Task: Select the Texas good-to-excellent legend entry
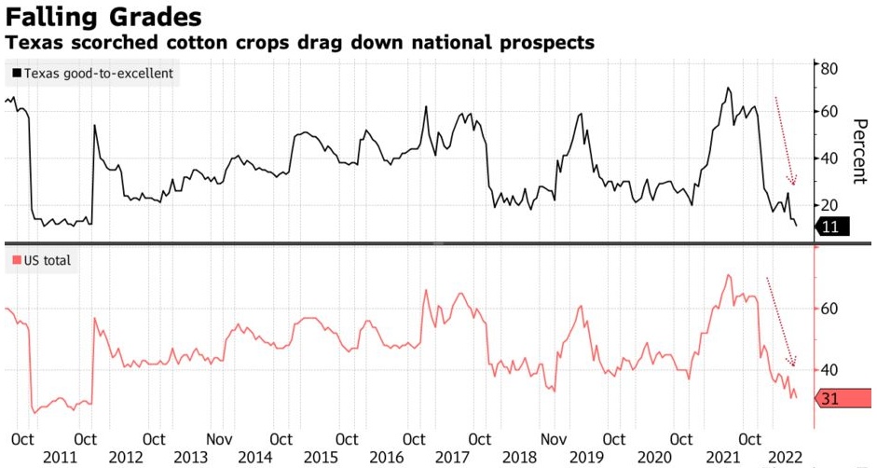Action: coord(92,73)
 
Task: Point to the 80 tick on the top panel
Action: coord(829,67)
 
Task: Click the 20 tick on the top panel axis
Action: coord(829,205)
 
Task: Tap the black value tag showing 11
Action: coord(830,226)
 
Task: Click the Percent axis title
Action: coord(857,149)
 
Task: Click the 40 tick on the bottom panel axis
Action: coord(829,370)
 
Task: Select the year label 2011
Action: coord(59,457)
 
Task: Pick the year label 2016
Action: coord(387,457)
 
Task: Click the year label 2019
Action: coord(584,457)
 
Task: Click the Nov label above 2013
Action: coord(220,438)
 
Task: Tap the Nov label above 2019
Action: coord(555,438)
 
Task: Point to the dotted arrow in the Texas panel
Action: coord(785,140)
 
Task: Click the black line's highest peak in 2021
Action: coord(727,89)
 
